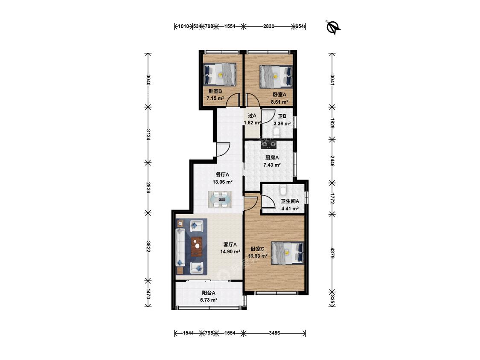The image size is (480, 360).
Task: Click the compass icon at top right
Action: coord(333,28)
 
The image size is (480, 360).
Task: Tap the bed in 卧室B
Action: coord(220,74)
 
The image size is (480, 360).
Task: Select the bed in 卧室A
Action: coord(276,75)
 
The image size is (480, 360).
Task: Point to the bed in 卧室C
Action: coord(288,253)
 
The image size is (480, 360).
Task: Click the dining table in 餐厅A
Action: coord(220,200)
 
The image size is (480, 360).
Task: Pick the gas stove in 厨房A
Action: coord(268,144)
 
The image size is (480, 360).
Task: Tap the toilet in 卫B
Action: coord(277,133)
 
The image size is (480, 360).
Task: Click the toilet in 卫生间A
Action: coord(283,189)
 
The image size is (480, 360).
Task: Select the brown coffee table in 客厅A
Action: coord(197,247)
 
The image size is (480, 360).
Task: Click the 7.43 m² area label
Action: coord(272,165)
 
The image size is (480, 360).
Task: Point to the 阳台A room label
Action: coord(209,293)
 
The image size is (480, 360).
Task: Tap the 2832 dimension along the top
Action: coord(268,26)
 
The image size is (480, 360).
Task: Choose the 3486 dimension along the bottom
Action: coord(274,333)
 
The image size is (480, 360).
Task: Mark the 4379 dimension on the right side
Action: coord(332,251)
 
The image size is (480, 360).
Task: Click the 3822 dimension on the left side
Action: coord(148,247)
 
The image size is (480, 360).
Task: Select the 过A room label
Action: coord(252,116)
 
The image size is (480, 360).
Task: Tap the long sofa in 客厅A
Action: coord(180,247)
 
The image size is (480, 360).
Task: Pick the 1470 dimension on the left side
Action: coord(148,293)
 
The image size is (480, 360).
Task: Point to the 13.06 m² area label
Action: coord(223,182)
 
